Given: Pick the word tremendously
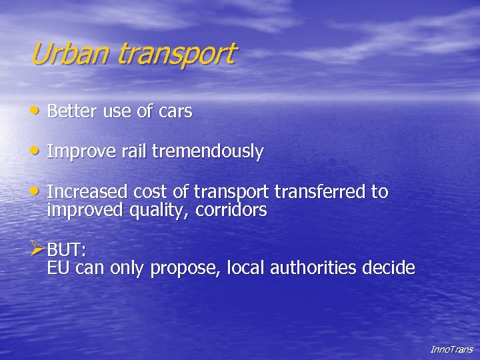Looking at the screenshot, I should pos(207,152).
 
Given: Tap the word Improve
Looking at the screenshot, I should pos(82,153).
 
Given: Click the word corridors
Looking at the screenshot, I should pos(235,211).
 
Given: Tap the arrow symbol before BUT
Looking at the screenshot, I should pos(38,250).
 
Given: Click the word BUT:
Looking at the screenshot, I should pos(67,251).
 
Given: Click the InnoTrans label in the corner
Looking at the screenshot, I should pos(451,349).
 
